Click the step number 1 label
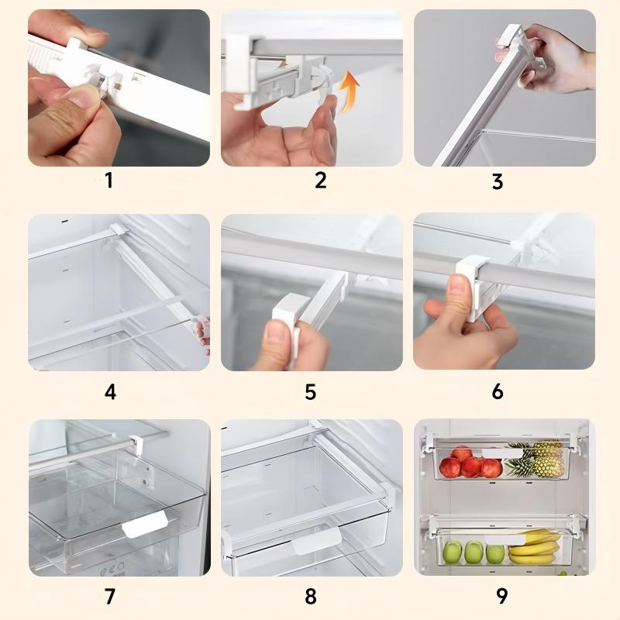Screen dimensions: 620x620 click(109, 181)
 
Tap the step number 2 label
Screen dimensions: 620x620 click(321, 180)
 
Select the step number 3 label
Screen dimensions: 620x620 click(498, 181)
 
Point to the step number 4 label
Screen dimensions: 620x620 click(110, 392)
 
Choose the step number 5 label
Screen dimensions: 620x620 click(311, 392)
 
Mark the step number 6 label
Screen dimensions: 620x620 click(498, 391)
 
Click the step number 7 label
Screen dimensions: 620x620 click(110, 596)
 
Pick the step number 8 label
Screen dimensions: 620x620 click(311, 596)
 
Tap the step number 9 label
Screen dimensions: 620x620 click(501, 596)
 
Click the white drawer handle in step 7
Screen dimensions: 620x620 click(145, 524)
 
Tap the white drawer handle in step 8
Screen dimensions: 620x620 click(316, 540)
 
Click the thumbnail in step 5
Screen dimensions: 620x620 click(277, 332)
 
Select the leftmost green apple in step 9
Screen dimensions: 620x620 click(452, 552)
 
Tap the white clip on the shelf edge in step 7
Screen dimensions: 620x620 click(136, 445)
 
